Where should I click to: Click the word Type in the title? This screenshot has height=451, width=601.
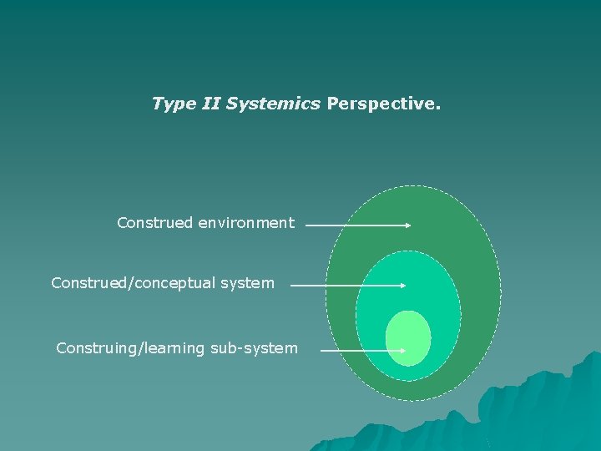(x=172, y=104)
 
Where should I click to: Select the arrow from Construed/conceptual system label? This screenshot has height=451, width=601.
(x=346, y=285)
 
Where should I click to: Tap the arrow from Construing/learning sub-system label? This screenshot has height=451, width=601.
(x=359, y=351)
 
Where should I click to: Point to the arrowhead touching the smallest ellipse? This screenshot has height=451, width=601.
(x=402, y=351)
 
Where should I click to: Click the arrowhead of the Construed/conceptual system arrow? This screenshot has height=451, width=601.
(x=402, y=285)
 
